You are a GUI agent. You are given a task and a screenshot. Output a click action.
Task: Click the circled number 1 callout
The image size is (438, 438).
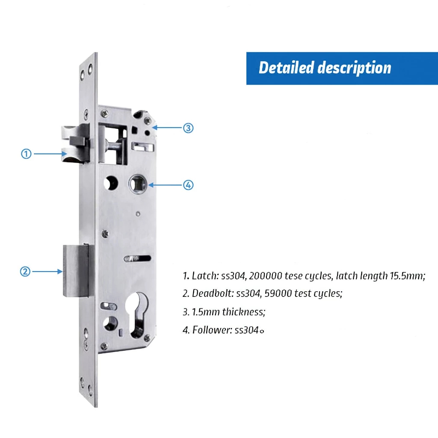[26, 154]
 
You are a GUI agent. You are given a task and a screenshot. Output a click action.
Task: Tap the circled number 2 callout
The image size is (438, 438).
[25, 272]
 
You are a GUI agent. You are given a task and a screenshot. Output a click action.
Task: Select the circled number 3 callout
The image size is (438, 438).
[188, 128]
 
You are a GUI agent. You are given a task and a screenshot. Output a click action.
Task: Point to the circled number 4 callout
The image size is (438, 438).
[188, 185]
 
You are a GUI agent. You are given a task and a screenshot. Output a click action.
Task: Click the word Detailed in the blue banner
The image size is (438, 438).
[287, 68]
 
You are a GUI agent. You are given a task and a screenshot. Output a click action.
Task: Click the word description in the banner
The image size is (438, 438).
[355, 68]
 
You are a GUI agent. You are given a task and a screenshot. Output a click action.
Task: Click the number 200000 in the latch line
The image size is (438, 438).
[266, 276]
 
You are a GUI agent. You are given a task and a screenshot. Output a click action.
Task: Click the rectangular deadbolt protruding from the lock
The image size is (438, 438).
[76, 270]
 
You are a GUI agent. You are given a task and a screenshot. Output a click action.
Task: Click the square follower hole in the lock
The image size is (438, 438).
[138, 184]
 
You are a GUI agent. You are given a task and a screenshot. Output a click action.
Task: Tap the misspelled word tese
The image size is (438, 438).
[293, 276]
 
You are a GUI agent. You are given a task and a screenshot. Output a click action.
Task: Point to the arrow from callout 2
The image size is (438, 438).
[47, 272]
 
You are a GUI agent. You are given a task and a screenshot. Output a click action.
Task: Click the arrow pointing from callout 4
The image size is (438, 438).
[166, 185]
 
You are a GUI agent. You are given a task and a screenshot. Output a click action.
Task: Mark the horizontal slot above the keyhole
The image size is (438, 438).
[138, 258]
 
